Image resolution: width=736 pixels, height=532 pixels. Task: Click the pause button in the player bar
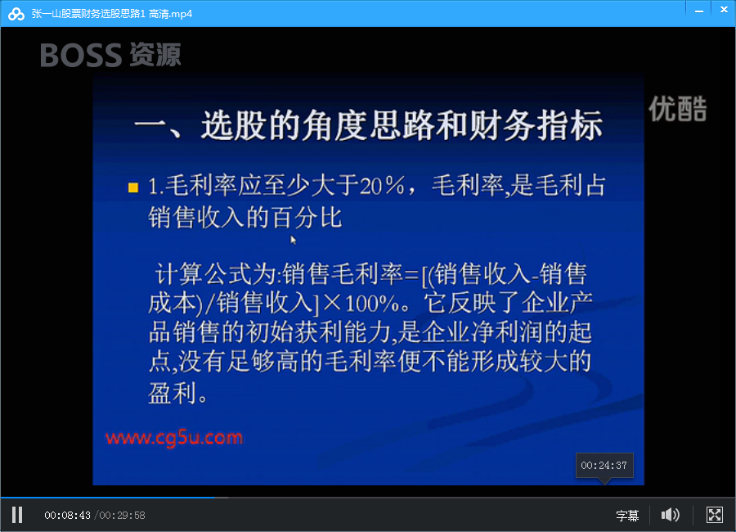click(17, 515)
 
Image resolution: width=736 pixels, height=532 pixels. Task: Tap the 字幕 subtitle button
click(627, 516)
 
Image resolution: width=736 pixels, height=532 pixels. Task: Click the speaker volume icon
click(671, 515)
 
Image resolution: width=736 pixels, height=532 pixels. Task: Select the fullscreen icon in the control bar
click(715, 515)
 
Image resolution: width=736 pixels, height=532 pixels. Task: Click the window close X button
click(724, 9)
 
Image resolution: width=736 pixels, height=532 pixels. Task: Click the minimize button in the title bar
click(699, 11)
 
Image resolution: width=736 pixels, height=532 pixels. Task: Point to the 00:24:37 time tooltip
click(604, 466)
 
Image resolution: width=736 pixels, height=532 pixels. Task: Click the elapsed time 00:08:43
click(67, 516)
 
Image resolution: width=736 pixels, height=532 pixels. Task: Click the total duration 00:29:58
click(122, 516)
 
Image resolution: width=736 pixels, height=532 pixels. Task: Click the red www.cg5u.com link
click(174, 438)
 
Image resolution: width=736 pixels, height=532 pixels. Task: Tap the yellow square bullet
click(133, 187)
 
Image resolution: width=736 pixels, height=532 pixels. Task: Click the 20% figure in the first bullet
click(382, 185)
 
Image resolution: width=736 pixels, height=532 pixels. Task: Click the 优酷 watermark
click(678, 109)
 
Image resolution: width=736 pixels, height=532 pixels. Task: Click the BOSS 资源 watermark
click(110, 55)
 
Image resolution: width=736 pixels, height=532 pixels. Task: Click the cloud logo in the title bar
click(16, 14)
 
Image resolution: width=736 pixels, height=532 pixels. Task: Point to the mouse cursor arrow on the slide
click(293, 240)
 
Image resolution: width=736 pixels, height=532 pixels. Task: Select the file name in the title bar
click(112, 14)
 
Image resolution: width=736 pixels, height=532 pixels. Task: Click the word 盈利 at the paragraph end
click(173, 392)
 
